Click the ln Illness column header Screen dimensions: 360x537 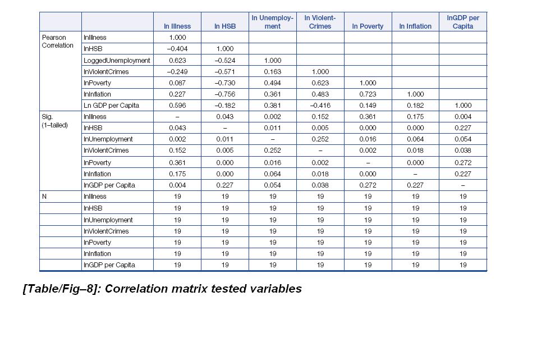[x=177, y=26]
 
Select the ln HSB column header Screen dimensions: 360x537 [x=225, y=26]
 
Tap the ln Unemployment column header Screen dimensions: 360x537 [x=272, y=22]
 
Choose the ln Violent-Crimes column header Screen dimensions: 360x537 [x=320, y=22]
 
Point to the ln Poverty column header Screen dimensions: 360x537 [x=368, y=26]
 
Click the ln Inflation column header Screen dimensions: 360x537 [x=415, y=26]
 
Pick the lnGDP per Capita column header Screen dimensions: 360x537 [x=463, y=22]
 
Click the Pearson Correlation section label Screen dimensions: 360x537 [x=57, y=42]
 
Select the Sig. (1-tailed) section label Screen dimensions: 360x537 [x=54, y=121]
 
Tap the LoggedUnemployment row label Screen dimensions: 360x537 [x=117, y=60]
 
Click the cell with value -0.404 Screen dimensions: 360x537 [x=177, y=49]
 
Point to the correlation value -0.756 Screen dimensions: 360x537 [x=225, y=94]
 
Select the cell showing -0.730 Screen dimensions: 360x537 [x=225, y=83]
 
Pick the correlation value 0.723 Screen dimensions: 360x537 [x=368, y=94]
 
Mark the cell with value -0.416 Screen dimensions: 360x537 [x=320, y=106]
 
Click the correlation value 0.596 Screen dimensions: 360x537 [x=177, y=106]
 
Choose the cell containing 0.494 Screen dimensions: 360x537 [x=272, y=83]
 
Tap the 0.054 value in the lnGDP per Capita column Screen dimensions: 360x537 [x=463, y=139]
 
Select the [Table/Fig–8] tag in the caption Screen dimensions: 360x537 [x=62, y=289]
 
